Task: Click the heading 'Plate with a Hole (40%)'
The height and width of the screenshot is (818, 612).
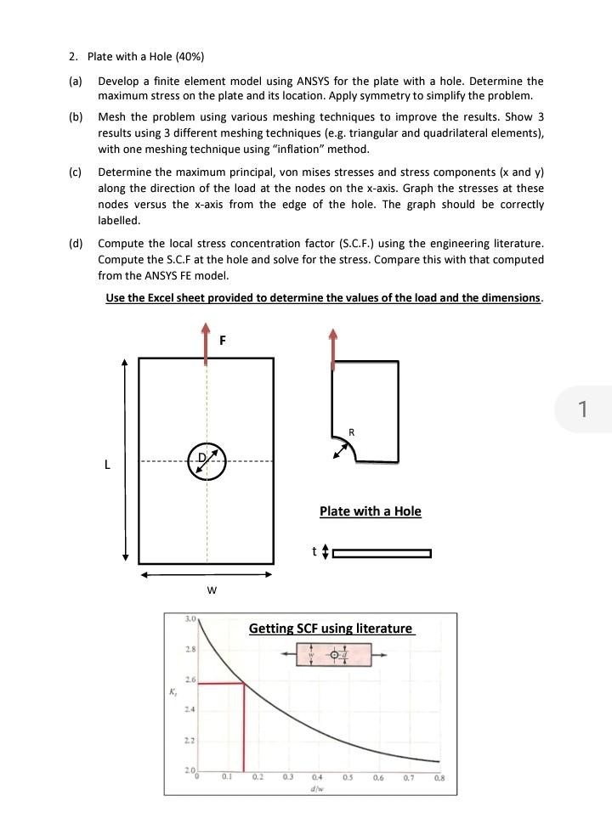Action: click(x=145, y=57)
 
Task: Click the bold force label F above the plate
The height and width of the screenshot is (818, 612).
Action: click(x=223, y=341)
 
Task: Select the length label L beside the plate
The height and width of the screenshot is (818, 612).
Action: click(x=107, y=465)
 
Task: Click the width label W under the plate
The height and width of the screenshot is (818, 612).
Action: click(x=212, y=590)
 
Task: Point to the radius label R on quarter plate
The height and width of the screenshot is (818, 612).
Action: click(x=352, y=432)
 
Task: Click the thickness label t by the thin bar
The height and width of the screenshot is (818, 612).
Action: click(x=314, y=552)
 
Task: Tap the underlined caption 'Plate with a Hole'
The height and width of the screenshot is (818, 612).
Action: click(x=370, y=511)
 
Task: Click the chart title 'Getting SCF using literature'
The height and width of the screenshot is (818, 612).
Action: click(x=331, y=629)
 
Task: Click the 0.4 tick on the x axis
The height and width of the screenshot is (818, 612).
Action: click(x=317, y=776)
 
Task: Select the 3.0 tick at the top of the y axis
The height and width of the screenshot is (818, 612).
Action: click(x=190, y=619)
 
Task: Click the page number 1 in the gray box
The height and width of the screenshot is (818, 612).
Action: click(x=582, y=409)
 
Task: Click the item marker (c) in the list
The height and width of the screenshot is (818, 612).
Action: click(x=75, y=172)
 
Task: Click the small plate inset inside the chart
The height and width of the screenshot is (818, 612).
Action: click(x=334, y=655)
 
